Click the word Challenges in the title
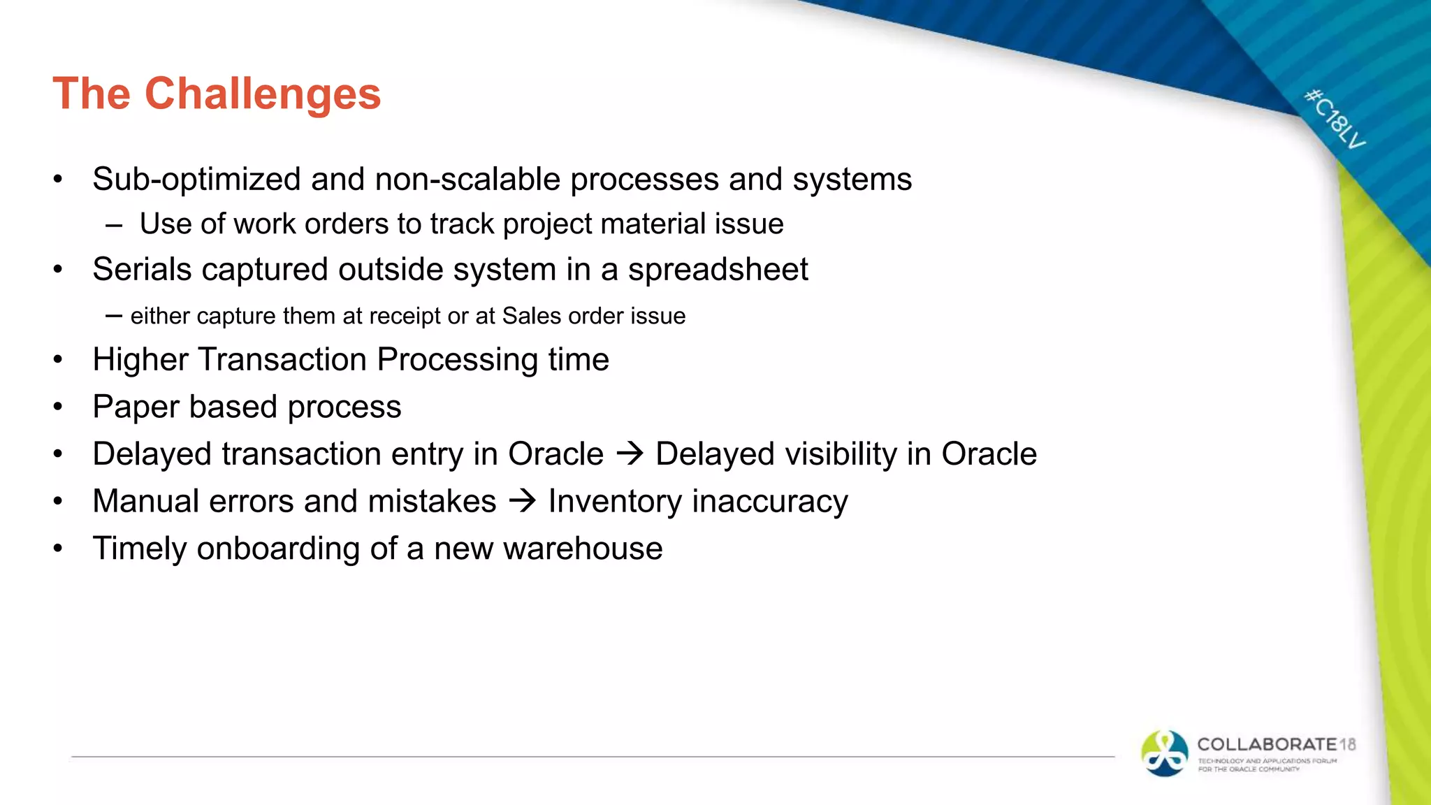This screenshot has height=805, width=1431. [x=263, y=94]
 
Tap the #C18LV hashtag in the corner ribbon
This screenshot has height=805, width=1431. [x=1335, y=119]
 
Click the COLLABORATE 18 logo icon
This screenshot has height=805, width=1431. [x=1164, y=753]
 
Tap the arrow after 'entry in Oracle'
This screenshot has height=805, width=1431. [x=630, y=454]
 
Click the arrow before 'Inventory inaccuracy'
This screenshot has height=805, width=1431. [x=522, y=501]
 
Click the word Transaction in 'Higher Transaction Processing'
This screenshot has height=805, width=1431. [x=282, y=360]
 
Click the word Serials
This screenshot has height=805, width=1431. [x=142, y=270]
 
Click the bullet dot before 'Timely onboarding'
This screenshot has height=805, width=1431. [x=58, y=549]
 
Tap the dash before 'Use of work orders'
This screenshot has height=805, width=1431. [x=114, y=226]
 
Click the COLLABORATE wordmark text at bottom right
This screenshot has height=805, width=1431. [x=1266, y=744]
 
